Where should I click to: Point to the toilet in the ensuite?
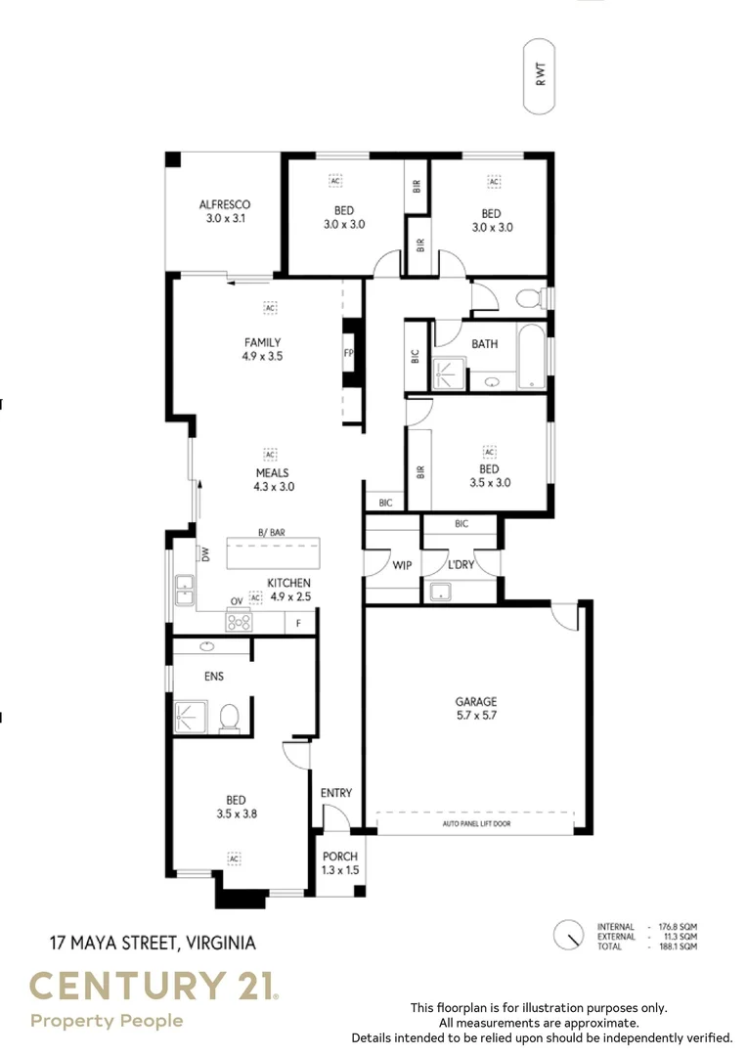click(230, 718)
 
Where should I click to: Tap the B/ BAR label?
click(271, 532)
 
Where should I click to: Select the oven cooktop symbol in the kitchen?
click(239, 620)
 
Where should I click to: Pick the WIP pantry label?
click(402, 565)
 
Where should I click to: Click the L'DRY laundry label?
click(461, 565)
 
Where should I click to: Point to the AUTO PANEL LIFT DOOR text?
click(475, 824)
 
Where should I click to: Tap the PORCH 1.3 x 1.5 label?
click(340, 862)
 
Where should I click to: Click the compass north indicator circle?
click(567, 936)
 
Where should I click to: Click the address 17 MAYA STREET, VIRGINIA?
click(153, 944)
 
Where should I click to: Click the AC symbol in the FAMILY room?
click(270, 308)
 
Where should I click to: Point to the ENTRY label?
click(336, 793)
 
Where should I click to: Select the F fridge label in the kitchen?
click(299, 622)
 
